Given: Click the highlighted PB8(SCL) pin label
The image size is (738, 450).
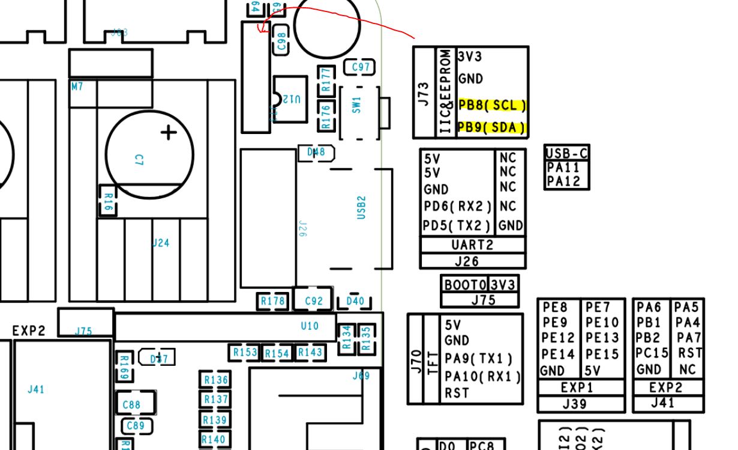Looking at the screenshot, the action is pyautogui.click(x=492, y=105).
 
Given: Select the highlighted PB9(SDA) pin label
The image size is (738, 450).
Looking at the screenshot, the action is pyautogui.click(x=492, y=127).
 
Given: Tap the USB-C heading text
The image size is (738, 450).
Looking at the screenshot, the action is pyautogui.click(x=567, y=153).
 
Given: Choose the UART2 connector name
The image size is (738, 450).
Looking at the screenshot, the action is pyautogui.click(x=472, y=245).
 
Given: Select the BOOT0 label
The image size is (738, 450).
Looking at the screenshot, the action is pyautogui.click(x=465, y=285).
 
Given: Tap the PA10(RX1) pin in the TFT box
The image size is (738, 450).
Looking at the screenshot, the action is pyautogui.click(x=482, y=377).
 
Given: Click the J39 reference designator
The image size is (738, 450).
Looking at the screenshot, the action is pyautogui.click(x=575, y=404).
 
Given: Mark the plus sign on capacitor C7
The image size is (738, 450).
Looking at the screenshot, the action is pyautogui.click(x=169, y=132).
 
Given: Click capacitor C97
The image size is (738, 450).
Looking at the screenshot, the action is pyautogui.click(x=360, y=67).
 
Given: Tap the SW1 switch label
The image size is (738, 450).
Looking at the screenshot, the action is pyautogui.click(x=358, y=106).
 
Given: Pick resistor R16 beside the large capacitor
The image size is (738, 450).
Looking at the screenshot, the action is pyautogui.click(x=107, y=200).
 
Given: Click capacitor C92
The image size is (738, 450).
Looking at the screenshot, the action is pyautogui.click(x=313, y=301).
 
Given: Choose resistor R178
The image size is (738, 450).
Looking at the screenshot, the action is pyautogui.click(x=273, y=301).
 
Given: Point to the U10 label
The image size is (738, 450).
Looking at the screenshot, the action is pyautogui.click(x=310, y=326).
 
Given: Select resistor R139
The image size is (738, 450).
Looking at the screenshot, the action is pyautogui.click(x=214, y=420).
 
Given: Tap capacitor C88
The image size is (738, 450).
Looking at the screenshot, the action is pyautogui.click(x=131, y=405).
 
